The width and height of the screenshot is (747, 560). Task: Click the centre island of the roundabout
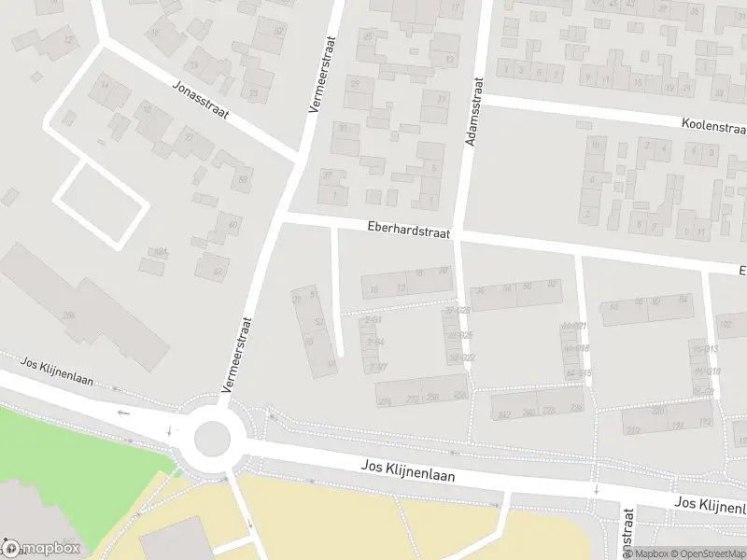point(212,436)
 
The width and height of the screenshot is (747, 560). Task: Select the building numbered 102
point(726,324)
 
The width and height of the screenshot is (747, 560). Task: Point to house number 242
point(504,414)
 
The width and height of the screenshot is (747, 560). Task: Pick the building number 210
point(633,430)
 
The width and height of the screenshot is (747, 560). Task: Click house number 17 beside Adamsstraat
point(455,7)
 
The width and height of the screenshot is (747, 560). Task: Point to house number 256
point(432,399)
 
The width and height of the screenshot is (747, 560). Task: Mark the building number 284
point(458,395)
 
